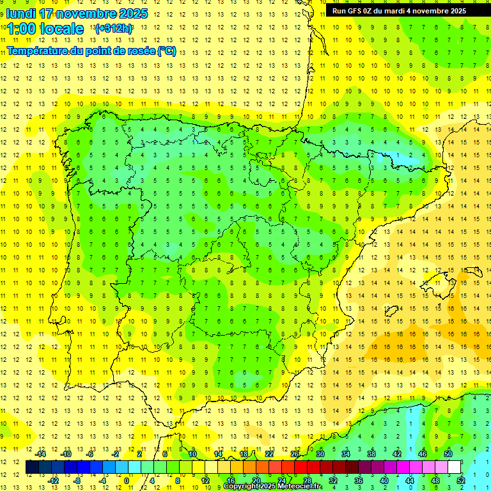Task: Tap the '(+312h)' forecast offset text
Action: tap(113, 28)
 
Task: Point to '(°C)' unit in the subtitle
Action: tap(166, 51)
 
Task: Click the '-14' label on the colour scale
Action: tap(40, 454)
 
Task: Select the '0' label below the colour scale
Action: tap(127, 481)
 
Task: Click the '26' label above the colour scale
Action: tap(295, 454)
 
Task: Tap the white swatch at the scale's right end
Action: tap(455, 467)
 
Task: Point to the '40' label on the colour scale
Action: tap(384, 481)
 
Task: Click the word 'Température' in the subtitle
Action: tap(36, 51)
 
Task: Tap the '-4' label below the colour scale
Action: tap(102, 481)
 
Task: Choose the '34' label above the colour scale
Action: tap(346, 454)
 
